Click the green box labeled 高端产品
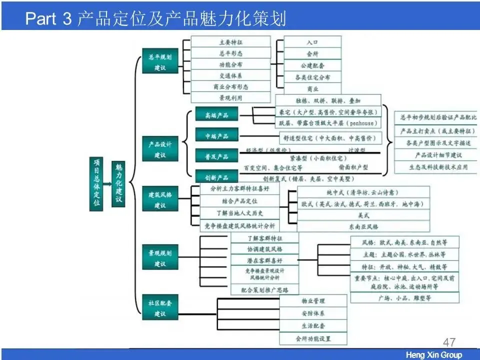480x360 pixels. [x=216, y=115]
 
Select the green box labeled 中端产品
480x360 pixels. [x=216, y=136]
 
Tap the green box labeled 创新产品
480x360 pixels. [x=216, y=177]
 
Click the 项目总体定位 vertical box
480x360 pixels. [x=96, y=182]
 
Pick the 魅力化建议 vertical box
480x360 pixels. [x=118, y=182]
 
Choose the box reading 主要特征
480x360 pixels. [x=231, y=42]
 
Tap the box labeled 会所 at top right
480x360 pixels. [x=312, y=54]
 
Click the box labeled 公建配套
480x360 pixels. [x=312, y=65]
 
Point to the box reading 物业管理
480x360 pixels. [x=313, y=301]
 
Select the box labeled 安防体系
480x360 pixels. [x=313, y=313]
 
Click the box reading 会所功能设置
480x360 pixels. [x=313, y=338]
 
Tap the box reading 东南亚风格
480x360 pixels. [x=363, y=227]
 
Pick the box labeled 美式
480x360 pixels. [x=363, y=215]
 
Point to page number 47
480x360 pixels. [x=449, y=342]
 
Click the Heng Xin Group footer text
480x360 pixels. [x=433, y=355]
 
